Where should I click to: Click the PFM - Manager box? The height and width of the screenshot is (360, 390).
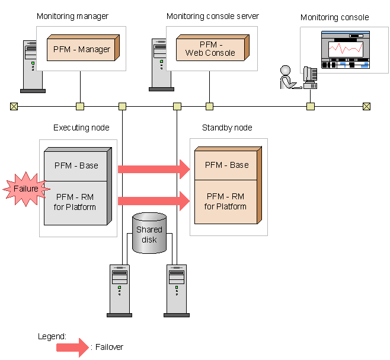(x=82, y=49)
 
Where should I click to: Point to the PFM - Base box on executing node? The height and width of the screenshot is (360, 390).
(x=81, y=165)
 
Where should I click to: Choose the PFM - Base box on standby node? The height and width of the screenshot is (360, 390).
(x=227, y=165)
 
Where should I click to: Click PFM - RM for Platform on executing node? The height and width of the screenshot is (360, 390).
(x=81, y=202)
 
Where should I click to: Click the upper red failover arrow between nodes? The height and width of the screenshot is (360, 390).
(x=154, y=169)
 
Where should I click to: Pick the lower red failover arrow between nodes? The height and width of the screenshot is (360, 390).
(x=154, y=201)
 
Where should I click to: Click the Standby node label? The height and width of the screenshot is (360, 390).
(x=227, y=128)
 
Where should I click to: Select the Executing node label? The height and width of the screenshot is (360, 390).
(x=81, y=128)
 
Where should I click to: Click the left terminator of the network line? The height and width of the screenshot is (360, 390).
(x=14, y=107)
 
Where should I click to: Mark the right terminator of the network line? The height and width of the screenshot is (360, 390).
(x=366, y=107)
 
